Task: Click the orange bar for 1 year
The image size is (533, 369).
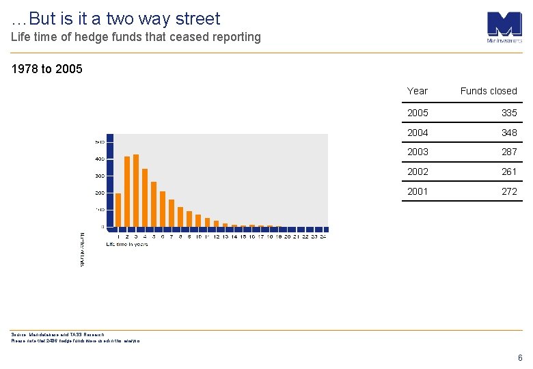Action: point(118,210)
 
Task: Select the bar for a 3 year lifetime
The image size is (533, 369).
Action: point(136,191)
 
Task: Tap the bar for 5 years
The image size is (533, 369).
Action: point(154,204)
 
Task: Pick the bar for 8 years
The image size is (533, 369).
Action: point(180,217)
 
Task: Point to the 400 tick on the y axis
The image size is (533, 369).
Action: point(100,159)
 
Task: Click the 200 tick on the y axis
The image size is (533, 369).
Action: point(100,193)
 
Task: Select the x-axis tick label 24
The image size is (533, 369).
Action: point(323,237)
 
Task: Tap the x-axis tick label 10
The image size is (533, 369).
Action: point(198,237)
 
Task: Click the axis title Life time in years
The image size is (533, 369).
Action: point(127,244)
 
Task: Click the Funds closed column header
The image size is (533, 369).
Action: point(489,91)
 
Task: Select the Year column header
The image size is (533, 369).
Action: point(417,91)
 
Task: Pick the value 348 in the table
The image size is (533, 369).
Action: point(509,133)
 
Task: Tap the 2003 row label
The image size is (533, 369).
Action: point(418,152)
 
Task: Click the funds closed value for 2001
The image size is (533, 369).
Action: point(509,191)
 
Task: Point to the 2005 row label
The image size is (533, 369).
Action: point(418,113)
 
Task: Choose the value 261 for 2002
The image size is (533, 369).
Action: point(509,172)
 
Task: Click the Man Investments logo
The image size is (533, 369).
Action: point(504,27)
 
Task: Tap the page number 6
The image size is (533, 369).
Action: point(520,357)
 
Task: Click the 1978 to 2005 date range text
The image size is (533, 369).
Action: point(47,69)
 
